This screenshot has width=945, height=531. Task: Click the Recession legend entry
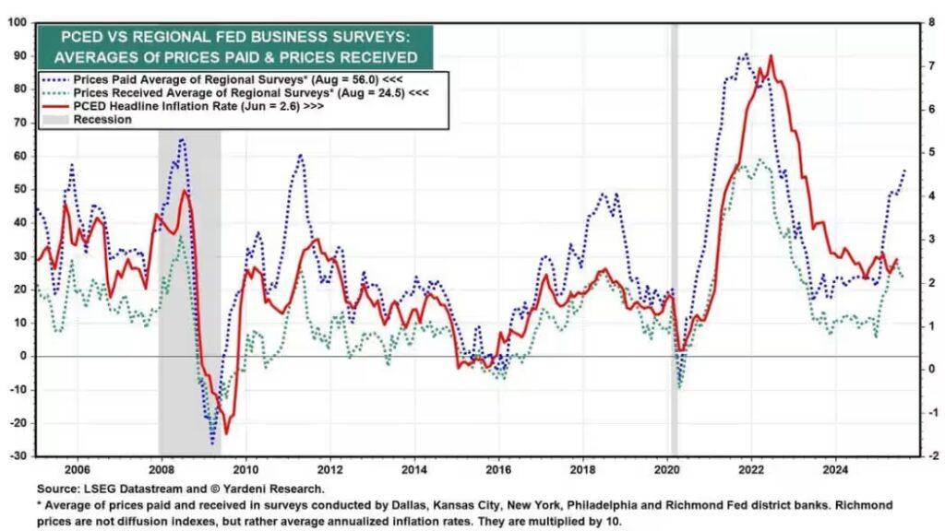click(x=102, y=119)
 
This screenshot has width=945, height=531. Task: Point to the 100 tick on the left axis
click(x=17, y=22)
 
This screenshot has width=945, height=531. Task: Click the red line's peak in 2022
click(x=771, y=56)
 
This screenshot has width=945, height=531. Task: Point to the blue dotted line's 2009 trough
click(x=212, y=443)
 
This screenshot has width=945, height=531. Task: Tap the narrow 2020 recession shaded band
click(x=674, y=230)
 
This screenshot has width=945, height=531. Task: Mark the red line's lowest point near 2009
click(x=226, y=433)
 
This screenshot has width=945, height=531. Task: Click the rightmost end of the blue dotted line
click(x=904, y=170)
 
